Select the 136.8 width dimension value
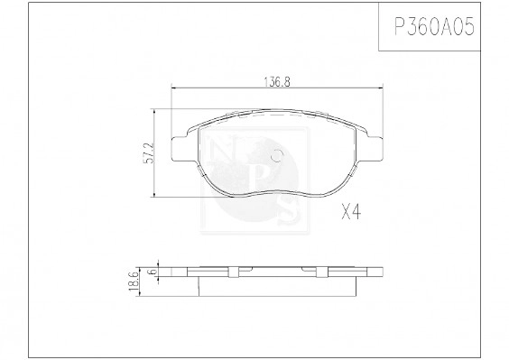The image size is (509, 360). pos(275,81)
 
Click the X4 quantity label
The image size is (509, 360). pos(351,213)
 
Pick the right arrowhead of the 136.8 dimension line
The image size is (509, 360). pos(379,88)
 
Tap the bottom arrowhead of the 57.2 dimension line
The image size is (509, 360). pos(156,197)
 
